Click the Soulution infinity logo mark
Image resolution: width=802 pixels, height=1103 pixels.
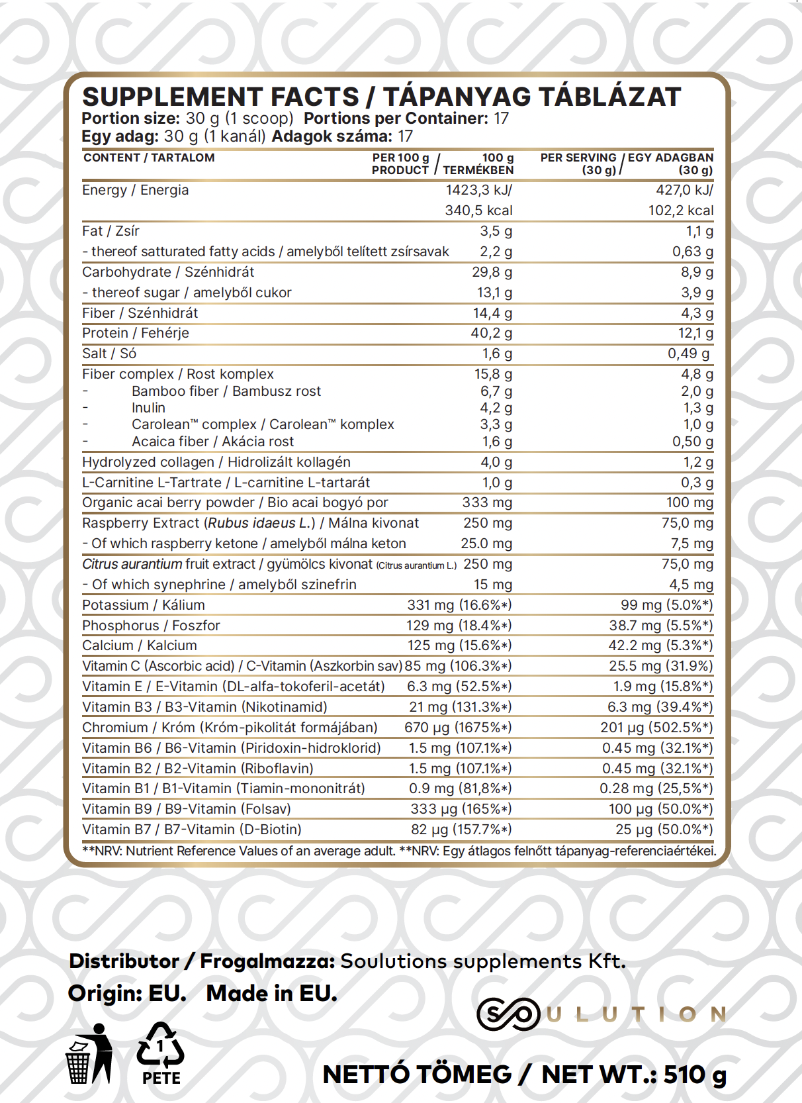(x=508, y=1014)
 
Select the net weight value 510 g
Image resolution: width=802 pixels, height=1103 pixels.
(x=695, y=1074)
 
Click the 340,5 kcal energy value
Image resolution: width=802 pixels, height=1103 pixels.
(x=478, y=211)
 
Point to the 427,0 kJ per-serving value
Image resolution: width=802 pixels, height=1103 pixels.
(x=684, y=190)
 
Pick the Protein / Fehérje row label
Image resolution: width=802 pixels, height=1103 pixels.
(x=136, y=333)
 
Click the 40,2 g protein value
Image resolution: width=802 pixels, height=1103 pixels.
(x=491, y=333)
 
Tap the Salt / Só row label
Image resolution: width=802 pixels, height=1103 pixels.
(x=109, y=354)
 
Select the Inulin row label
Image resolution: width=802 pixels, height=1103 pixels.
(x=148, y=408)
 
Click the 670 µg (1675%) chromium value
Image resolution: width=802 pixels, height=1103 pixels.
(x=458, y=728)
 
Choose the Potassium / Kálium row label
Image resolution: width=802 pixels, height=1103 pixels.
(x=144, y=605)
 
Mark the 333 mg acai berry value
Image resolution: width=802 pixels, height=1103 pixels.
(x=487, y=503)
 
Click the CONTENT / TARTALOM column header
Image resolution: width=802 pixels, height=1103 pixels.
(x=149, y=158)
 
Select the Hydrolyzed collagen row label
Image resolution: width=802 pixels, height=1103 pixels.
(x=216, y=462)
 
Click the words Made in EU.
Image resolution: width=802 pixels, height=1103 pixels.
(x=271, y=993)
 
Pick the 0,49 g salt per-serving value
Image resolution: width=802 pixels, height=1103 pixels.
(x=688, y=354)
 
